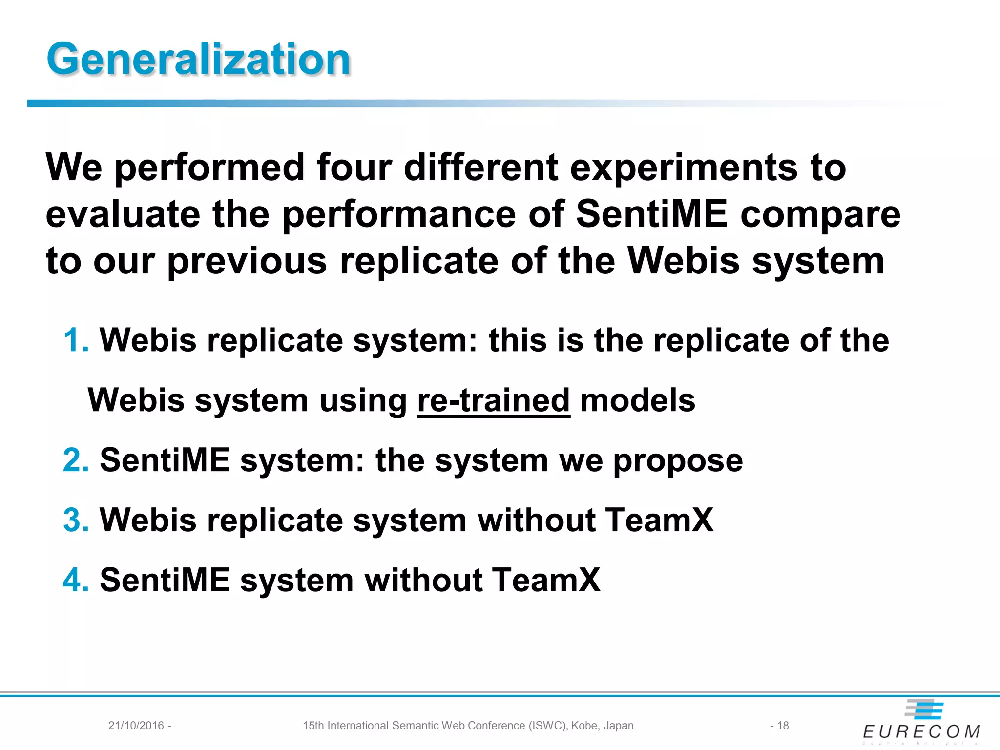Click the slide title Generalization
click(x=198, y=59)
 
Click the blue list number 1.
click(x=75, y=340)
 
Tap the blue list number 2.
click(x=76, y=460)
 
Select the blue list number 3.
click(x=76, y=520)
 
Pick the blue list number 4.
click(x=76, y=580)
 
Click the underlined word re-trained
click(x=493, y=400)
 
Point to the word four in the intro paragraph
click(x=354, y=167)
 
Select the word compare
click(x=820, y=215)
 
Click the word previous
click(x=247, y=262)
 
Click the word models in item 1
click(x=637, y=400)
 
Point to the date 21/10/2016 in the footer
click(x=136, y=726)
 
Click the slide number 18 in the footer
click(x=783, y=726)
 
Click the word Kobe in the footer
click(x=584, y=726)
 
